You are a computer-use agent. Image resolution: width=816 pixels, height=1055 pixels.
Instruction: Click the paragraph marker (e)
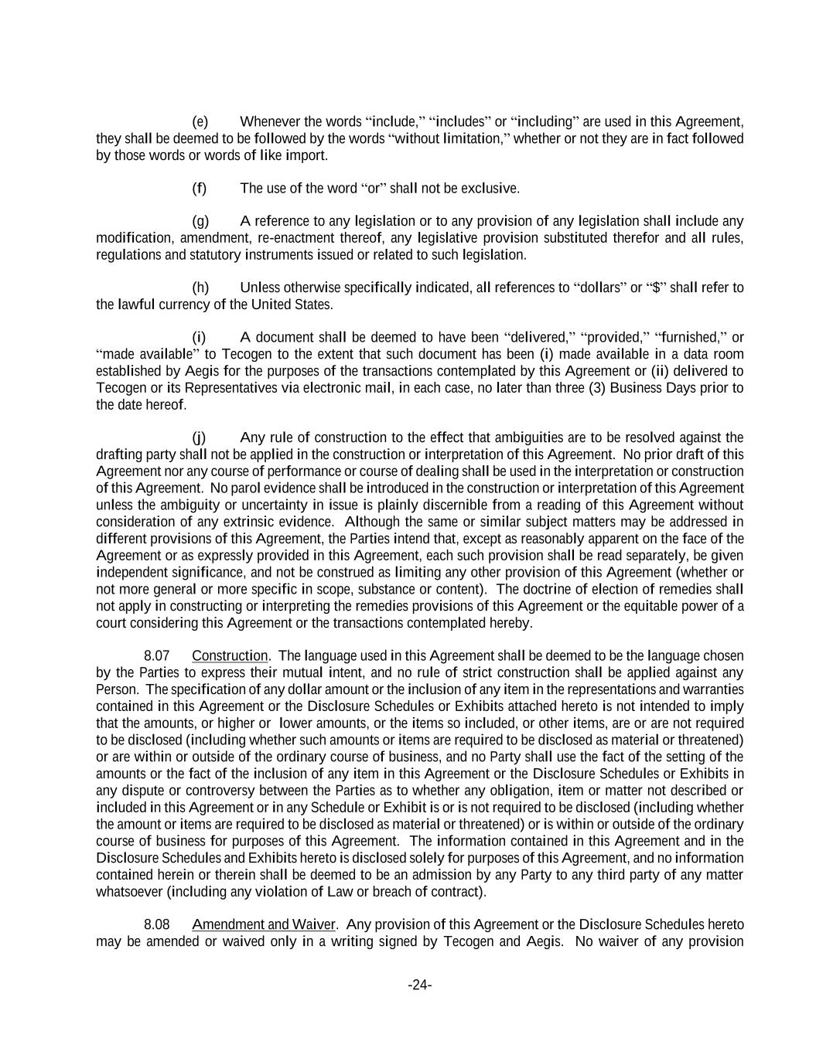[200, 121]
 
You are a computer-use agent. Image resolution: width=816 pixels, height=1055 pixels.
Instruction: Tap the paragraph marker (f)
[200, 188]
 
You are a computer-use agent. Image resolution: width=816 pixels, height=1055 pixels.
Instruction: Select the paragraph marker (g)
[200, 221]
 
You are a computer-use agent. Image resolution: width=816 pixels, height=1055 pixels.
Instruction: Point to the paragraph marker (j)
[200, 437]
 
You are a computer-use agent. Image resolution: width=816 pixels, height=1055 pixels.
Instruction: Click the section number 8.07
[157, 655]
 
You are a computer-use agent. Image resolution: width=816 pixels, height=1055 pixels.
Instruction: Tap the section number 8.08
[157, 924]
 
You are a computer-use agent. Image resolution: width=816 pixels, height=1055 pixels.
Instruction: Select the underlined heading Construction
[230, 655]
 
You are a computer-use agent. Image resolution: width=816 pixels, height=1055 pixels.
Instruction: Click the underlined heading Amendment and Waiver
[264, 924]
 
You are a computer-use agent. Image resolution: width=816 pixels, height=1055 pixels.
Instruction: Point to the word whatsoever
[129, 891]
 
